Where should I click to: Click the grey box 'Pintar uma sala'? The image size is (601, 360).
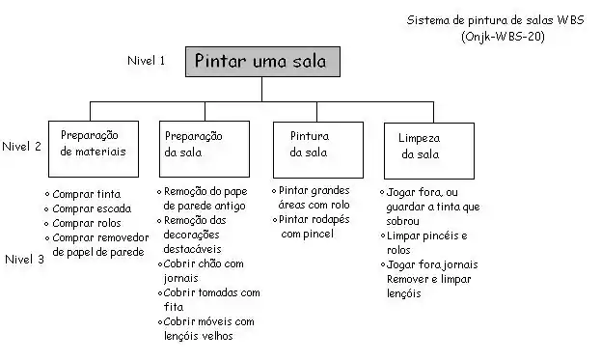[x=262, y=62]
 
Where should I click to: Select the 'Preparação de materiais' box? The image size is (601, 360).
[x=94, y=150]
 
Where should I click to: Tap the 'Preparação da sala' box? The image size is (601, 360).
[x=205, y=150]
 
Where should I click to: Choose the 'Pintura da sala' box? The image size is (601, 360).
[x=318, y=150]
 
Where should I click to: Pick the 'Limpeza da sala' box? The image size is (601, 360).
[x=429, y=152]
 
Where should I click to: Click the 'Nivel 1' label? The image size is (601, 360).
[x=146, y=60]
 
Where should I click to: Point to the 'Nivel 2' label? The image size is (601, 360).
[x=21, y=146]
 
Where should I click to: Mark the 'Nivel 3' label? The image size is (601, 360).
[x=24, y=260]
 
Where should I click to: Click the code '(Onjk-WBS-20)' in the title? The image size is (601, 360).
[x=503, y=37]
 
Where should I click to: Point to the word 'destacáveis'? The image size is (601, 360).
[x=192, y=249]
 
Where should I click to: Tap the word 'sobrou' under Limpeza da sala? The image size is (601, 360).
[x=403, y=221]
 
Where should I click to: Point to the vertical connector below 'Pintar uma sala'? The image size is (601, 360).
[x=261, y=90]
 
